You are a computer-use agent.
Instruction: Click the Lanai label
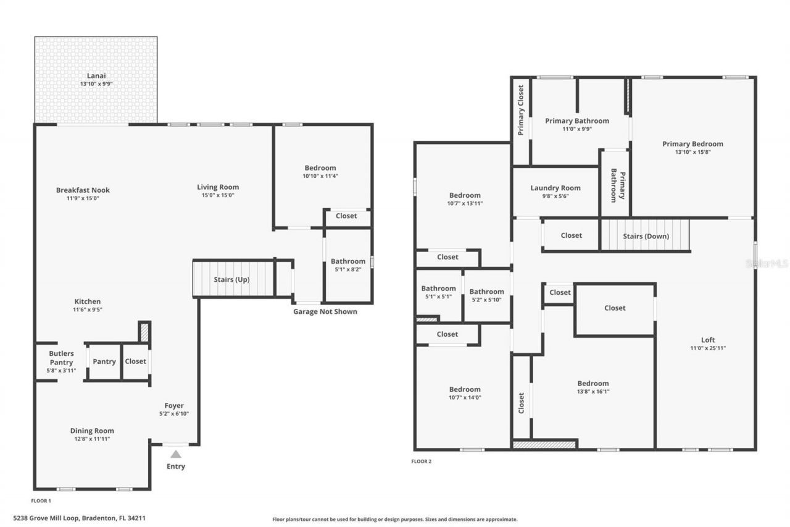coord(96,76)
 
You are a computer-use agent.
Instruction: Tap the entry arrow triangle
coord(176,454)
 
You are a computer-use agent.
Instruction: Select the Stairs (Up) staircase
coord(233,279)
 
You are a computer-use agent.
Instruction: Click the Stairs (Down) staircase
coord(645,235)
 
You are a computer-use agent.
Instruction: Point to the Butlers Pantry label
coord(61,358)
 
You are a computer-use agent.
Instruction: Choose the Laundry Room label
coord(555,188)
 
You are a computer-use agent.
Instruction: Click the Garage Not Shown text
coord(325,311)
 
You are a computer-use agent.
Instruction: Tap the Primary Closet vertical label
coord(521,110)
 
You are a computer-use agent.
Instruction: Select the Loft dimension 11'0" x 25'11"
coord(707,348)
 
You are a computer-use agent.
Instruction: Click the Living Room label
coord(218,187)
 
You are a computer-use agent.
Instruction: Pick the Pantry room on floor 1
coord(104,361)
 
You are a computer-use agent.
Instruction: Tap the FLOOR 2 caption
coord(421,461)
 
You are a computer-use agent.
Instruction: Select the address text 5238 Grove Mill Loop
coord(80,518)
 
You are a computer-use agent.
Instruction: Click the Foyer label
coord(173,405)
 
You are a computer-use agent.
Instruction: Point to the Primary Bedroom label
coord(692,144)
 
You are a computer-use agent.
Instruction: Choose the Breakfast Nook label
coord(83,190)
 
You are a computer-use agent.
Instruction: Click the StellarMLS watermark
coord(767,263)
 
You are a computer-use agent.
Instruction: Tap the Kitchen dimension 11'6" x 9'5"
coord(87,310)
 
